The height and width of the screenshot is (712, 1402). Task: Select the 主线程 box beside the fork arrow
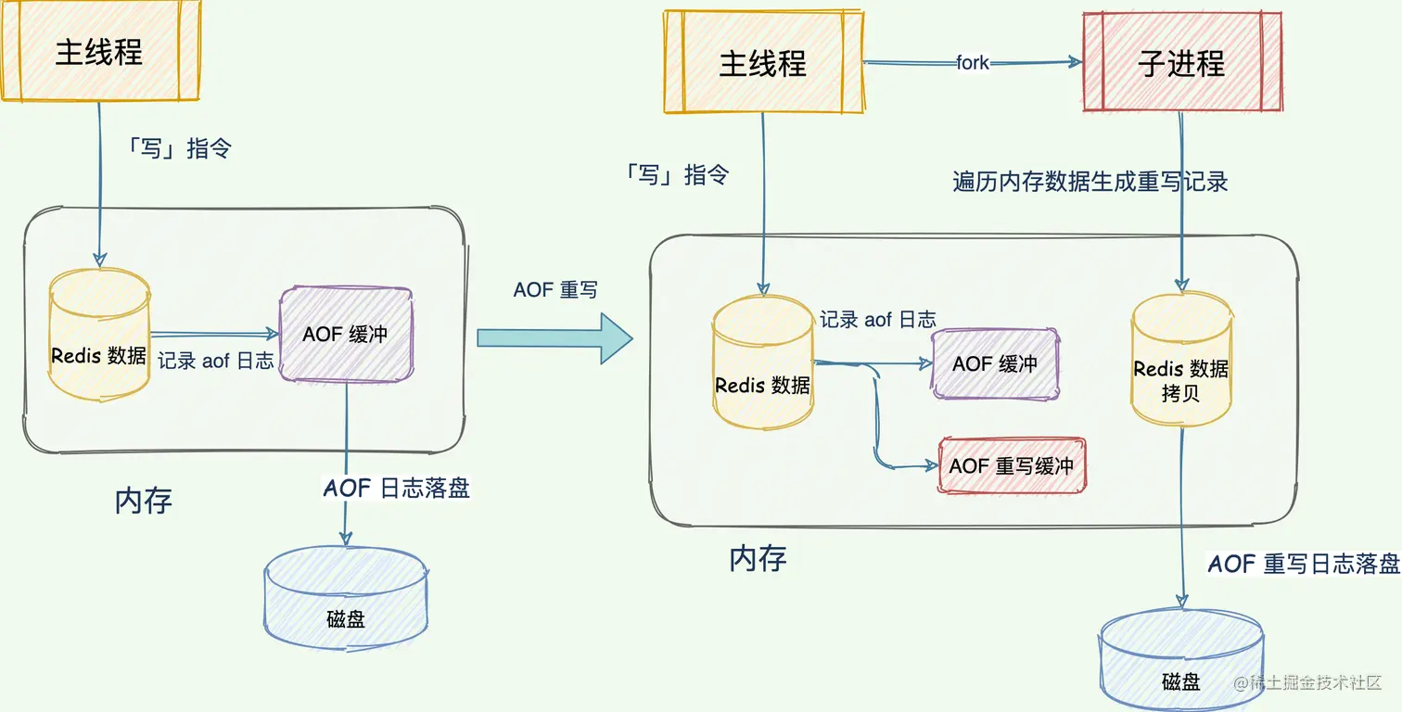(x=762, y=63)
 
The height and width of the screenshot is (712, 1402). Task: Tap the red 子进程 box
(x=1182, y=63)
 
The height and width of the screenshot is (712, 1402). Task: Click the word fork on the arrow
(x=973, y=63)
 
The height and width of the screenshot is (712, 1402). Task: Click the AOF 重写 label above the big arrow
(x=555, y=289)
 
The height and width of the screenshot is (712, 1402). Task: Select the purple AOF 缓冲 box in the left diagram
(x=346, y=335)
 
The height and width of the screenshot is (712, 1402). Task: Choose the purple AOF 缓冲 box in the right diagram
(x=995, y=363)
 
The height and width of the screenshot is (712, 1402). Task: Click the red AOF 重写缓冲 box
(x=1011, y=465)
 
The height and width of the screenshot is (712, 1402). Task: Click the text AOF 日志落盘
(x=396, y=489)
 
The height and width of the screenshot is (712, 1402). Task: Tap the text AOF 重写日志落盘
(x=1303, y=564)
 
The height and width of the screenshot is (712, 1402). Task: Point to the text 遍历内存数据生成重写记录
(x=1090, y=182)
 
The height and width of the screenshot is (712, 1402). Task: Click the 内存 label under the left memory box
(x=144, y=502)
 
